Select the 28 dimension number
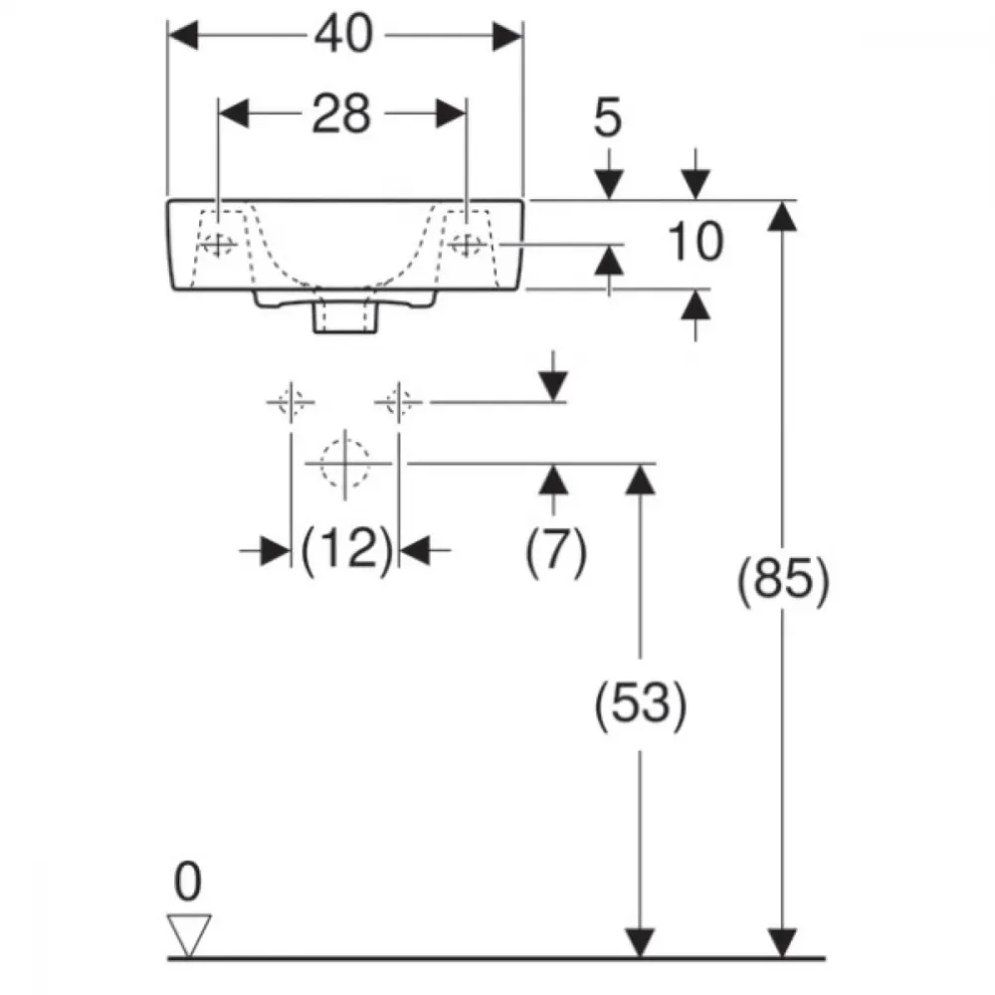coord(340,114)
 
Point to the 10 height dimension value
coord(695,242)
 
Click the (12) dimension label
coord(346,549)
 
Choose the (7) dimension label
coord(556,549)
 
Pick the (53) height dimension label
coord(640,703)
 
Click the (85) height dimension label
coord(783,579)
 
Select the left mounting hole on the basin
coord(217,244)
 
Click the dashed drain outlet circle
coord(344,464)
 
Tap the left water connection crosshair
coord(291,402)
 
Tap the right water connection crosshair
coord(399,402)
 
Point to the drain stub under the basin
coord(346,314)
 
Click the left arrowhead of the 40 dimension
coord(183,36)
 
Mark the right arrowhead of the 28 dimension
coord(451,114)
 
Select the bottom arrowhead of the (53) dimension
coord(640,943)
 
